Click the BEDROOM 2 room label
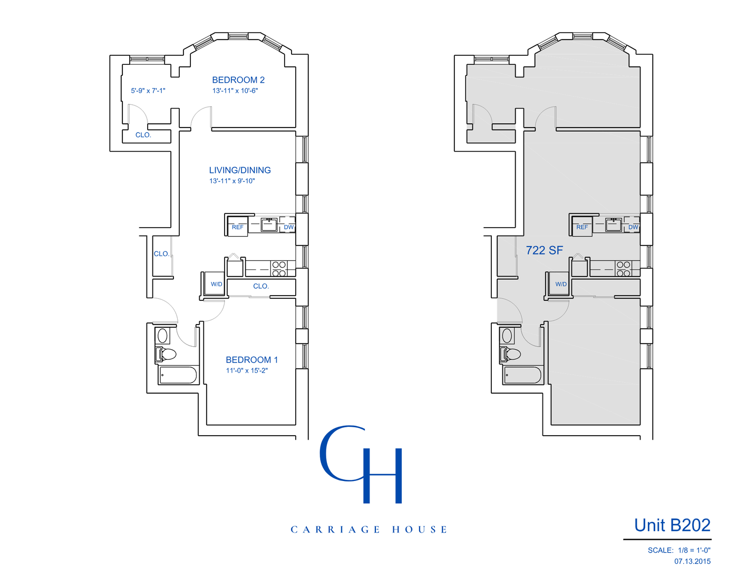[x=238, y=80]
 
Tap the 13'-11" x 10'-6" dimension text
[x=235, y=91]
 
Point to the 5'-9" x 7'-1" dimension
[x=148, y=91]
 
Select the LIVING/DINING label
[x=240, y=170]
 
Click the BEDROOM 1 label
[x=251, y=359]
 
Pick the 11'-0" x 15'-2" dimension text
[x=247, y=371]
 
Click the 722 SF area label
[x=544, y=250]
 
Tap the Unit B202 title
[x=672, y=525]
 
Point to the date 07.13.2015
[x=692, y=562]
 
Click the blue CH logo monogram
[x=361, y=464]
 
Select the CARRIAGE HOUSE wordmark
[x=368, y=529]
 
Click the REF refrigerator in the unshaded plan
[x=237, y=228]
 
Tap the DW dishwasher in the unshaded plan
[x=288, y=228]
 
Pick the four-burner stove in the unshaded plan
[x=279, y=269]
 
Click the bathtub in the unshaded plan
[x=178, y=375]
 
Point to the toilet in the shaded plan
[x=510, y=355]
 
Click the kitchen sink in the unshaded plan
[x=269, y=224]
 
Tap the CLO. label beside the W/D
[x=261, y=287]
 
